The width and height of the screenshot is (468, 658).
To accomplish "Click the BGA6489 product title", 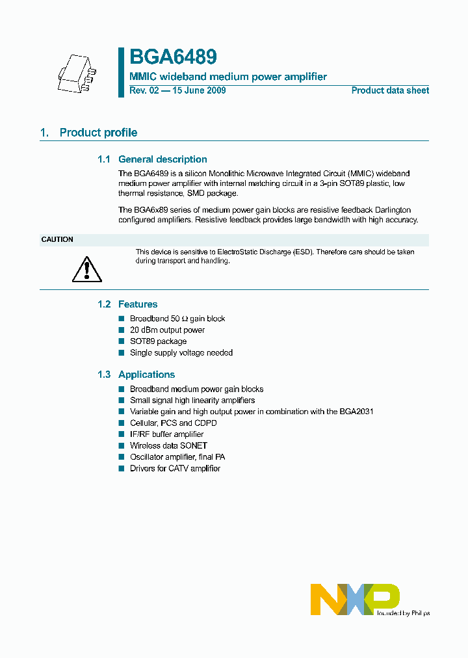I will click(173, 58).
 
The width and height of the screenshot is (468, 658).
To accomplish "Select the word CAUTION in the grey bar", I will click(57, 239).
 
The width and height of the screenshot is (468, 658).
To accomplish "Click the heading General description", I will click(162, 159).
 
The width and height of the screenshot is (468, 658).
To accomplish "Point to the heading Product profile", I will click(98, 133).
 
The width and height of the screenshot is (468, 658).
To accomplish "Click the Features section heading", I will click(138, 304).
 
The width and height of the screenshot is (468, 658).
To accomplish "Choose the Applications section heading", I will click(146, 375).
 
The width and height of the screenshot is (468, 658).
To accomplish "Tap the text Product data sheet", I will click(390, 90).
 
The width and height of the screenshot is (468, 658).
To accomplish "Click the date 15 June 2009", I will click(198, 90).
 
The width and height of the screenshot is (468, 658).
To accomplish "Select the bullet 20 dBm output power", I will click(167, 330).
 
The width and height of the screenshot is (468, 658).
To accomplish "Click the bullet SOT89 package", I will click(158, 341).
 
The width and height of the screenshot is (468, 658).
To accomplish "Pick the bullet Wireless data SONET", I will click(168, 446).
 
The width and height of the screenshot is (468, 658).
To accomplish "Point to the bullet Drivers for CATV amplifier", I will click(175, 469).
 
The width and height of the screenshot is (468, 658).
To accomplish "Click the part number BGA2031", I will click(355, 412).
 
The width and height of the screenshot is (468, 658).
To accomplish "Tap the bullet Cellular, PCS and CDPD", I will click(173, 423).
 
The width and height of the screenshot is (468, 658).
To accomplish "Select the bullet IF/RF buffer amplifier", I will click(166, 434).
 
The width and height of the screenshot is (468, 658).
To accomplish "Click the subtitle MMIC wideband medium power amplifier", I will click(228, 77).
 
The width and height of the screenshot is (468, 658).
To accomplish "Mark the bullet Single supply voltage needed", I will click(181, 353).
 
